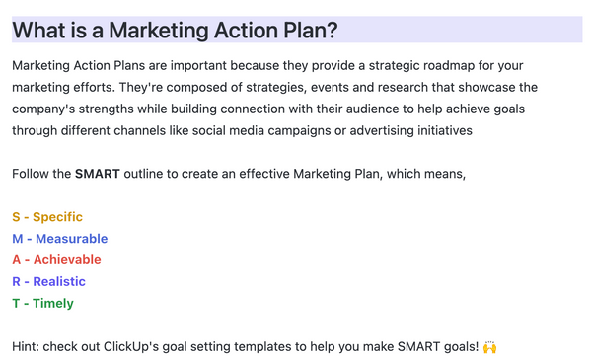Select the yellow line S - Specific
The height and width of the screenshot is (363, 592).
(47, 217)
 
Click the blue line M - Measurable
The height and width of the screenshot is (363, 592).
(60, 239)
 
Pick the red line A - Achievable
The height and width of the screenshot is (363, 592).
(56, 260)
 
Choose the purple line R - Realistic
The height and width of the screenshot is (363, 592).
(48, 282)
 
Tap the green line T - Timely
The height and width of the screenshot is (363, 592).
(42, 304)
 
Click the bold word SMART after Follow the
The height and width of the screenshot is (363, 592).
(98, 175)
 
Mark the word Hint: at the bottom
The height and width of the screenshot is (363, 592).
(29, 347)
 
